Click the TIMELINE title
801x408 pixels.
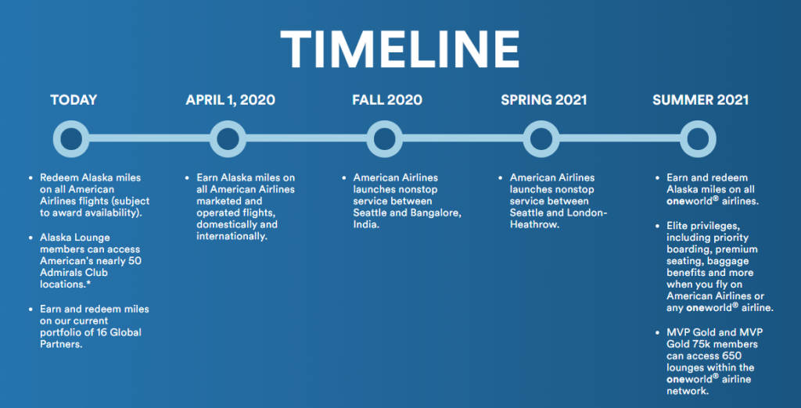tap(400, 48)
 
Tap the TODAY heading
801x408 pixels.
tap(74, 99)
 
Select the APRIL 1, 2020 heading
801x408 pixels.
tap(231, 99)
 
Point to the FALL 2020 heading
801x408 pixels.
tap(387, 99)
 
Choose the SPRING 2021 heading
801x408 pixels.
tap(544, 99)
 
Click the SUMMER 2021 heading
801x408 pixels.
tap(700, 99)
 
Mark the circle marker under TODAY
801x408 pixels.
tap(71, 139)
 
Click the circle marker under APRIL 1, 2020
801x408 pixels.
tap(228, 139)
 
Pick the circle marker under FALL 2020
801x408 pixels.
tap(385, 139)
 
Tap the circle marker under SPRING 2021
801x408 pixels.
tap(541, 139)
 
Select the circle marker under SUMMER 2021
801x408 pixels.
tap(698, 139)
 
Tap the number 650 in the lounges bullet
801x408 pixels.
tap(731, 356)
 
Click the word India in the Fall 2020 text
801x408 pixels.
tap(366, 225)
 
